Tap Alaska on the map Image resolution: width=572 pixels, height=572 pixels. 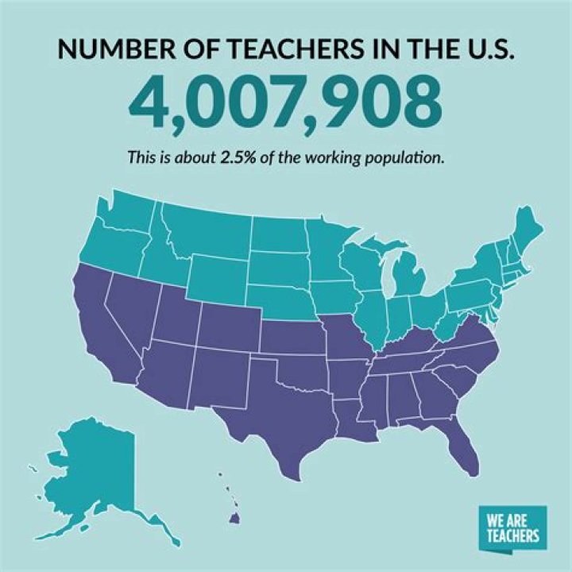[x=87, y=469]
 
